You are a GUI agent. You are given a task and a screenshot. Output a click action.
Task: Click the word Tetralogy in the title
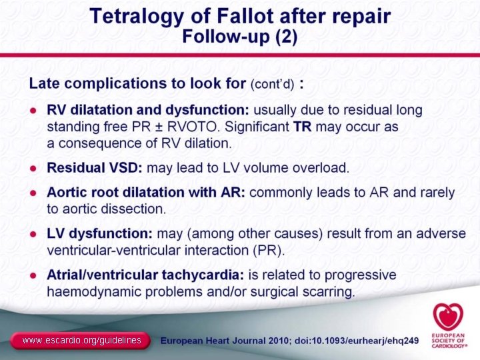point(133,16)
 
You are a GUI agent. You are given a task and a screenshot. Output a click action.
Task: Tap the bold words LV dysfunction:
point(100,235)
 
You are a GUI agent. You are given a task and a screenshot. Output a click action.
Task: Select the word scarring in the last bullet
point(329,291)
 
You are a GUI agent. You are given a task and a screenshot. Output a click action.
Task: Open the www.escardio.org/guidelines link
point(81,341)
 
